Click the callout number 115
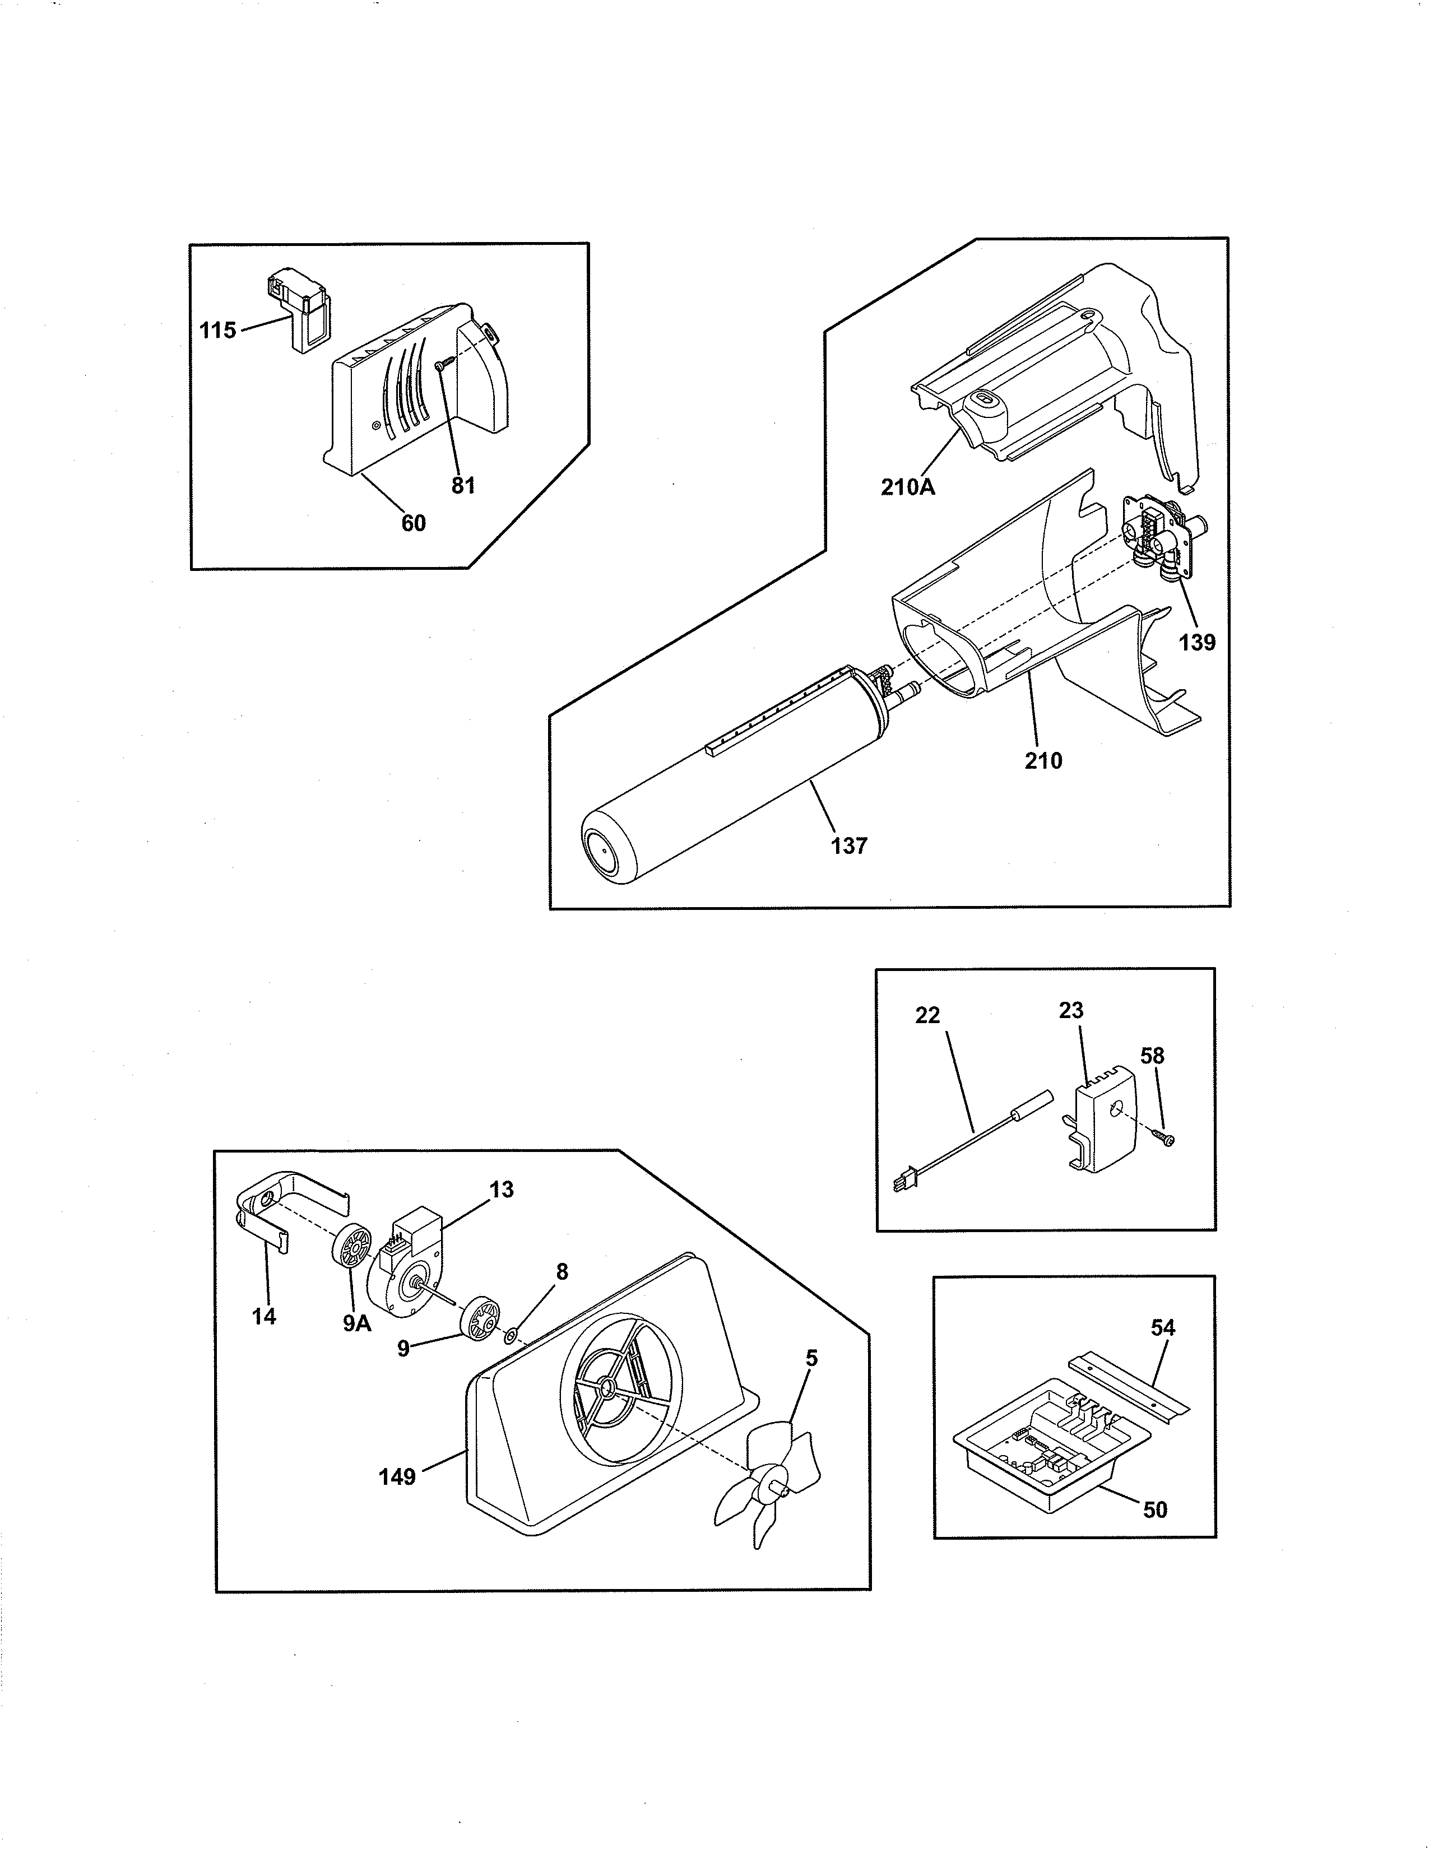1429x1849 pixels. click(x=217, y=330)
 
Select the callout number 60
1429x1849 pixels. click(x=413, y=523)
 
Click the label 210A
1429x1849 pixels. click(x=907, y=487)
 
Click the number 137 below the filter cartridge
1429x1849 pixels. click(x=849, y=845)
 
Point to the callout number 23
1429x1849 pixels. click(x=1071, y=1010)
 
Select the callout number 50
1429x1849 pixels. click(x=1155, y=1509)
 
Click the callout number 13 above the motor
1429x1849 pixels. click(x=501, y=1190)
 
